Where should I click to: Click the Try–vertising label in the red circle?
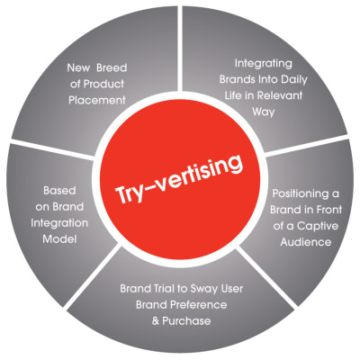pyautogui.click(x=179, y=179)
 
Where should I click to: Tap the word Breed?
pyautogui.click(x=112, y=67)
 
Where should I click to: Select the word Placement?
pyautogui.click(x=97, y=100)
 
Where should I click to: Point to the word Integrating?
pyautogui.click(x=263, y=64)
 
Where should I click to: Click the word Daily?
pyautogui.click(x=294, y=80)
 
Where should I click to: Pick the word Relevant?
pyautogui.click(x=280, y=95)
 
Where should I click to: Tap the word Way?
pyautogui.click(x=264, y=112)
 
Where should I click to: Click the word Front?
pyautogui.click(x=329, y=210)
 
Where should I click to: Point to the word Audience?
pyautogui.click(x=306, y=242)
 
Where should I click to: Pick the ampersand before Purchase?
pyautogui.click(x=156, y=321)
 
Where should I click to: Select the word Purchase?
pyautogui.click(x=186, y=321)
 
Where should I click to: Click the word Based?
pyautogui.click(x=59, y=191)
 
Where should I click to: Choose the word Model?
pyautogui.click(x=59, y=239)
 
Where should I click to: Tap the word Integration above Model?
pyautogui.click(x=59, y=224)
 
